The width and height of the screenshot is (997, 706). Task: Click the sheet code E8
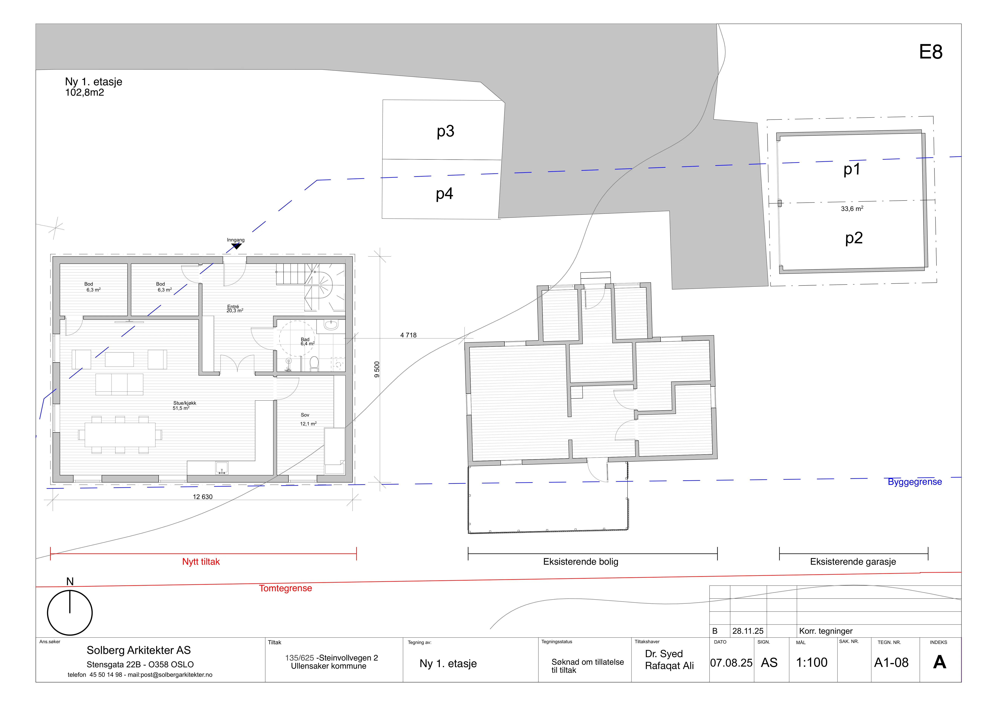930,52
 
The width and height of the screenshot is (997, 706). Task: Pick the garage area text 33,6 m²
852,209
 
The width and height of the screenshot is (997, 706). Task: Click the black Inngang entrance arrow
236,246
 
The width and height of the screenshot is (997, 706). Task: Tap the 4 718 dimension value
408,335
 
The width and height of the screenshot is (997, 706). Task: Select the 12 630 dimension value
203,497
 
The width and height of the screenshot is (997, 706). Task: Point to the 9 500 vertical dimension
377,370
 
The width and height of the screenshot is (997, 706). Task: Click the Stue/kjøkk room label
185,403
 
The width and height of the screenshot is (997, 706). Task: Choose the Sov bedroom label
305,415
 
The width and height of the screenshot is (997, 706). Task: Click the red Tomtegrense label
285,588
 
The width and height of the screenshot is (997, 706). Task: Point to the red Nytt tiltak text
201,562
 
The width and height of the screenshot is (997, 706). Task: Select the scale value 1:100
812,663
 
